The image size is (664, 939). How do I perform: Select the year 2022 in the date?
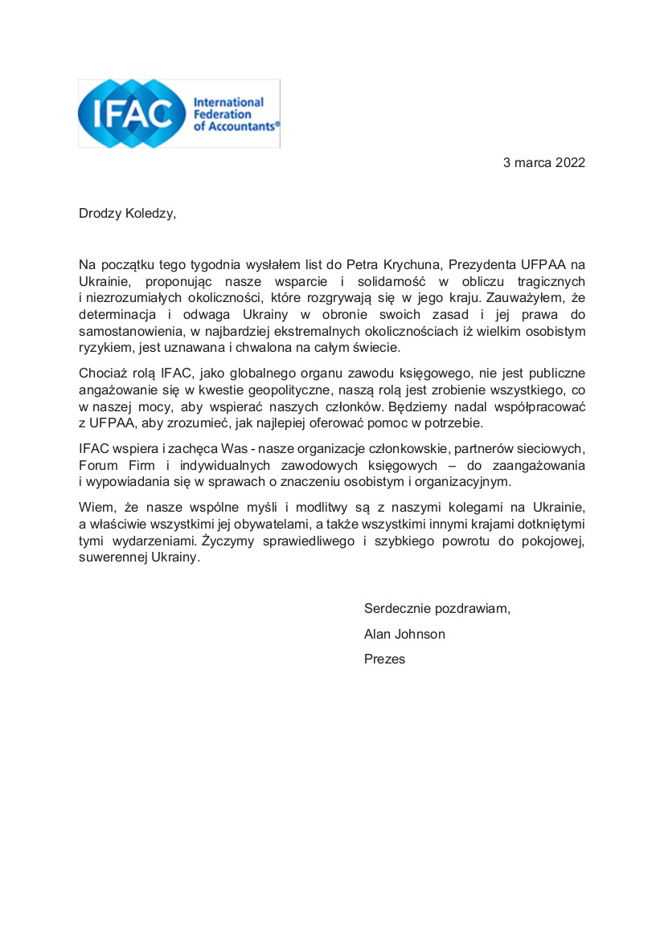(570, 163)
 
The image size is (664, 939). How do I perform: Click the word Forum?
(97, 466)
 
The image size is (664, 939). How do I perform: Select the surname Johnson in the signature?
(419, 634)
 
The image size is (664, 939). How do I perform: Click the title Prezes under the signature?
(384, 659)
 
